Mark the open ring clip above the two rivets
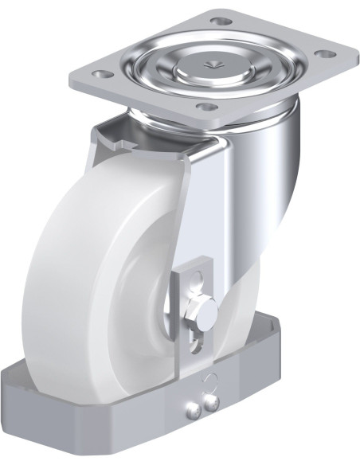coord(209,381)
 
